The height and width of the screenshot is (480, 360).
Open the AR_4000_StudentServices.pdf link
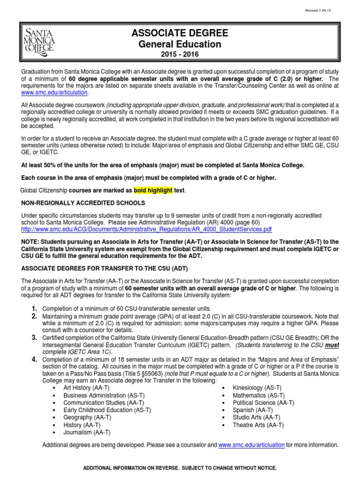147,229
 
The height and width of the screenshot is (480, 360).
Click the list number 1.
34,308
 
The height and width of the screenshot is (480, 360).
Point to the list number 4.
34,359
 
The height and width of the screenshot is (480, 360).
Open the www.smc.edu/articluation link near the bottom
251,445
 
